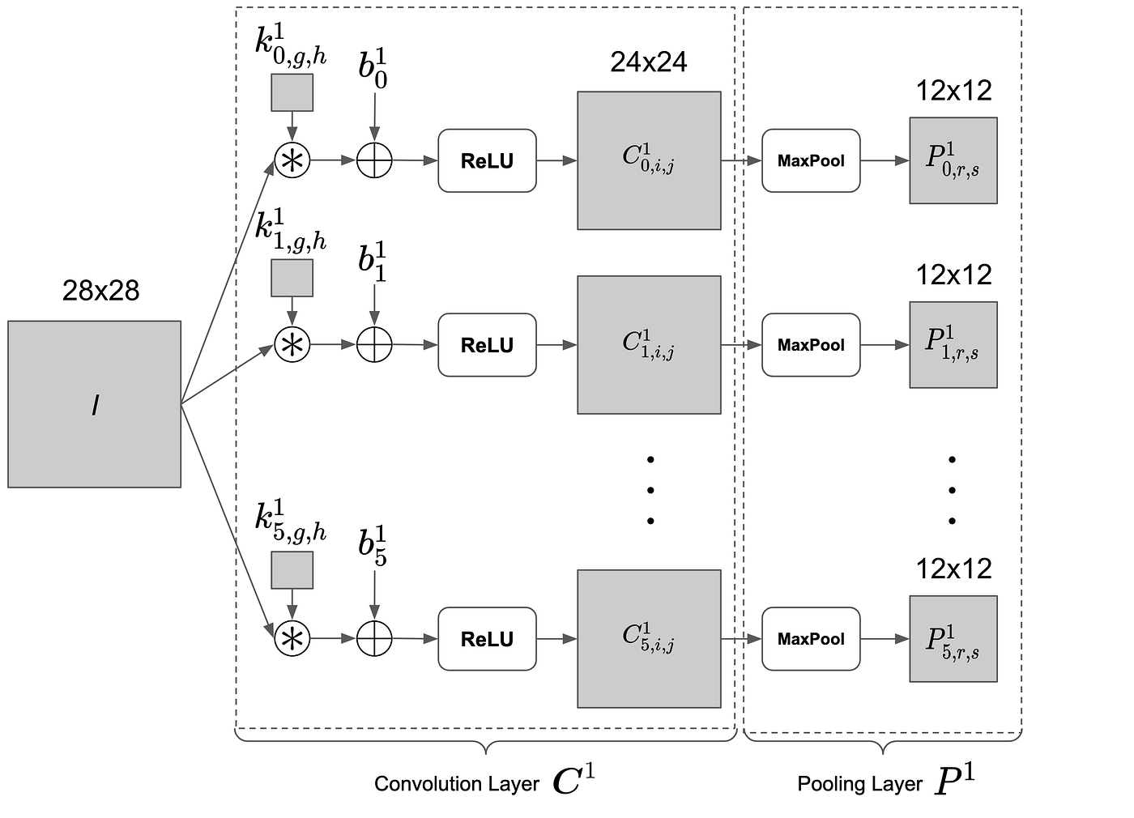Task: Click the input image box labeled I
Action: (94, 404)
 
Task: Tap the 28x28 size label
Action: (100, 290)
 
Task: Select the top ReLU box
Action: (487, 160)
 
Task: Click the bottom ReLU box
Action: (487, 639)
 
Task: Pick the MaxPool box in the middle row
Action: (810, 345)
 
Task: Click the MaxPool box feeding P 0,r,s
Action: (810, 160)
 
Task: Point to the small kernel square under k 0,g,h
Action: (292, 92)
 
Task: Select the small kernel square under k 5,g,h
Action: (292, 570)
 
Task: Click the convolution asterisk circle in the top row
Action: (292, 160)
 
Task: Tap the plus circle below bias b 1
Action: (374, 345)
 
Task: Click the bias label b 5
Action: (373, 545)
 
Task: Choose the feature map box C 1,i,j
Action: (648, 345)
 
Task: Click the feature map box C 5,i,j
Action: (648, 639)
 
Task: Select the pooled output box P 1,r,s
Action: (953, 345)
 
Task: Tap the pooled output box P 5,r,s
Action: (953, 639)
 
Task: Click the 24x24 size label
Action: (648, 62)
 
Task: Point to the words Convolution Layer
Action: (456, 784)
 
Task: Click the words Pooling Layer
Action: (859, 784)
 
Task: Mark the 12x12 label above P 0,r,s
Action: (953, 91)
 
